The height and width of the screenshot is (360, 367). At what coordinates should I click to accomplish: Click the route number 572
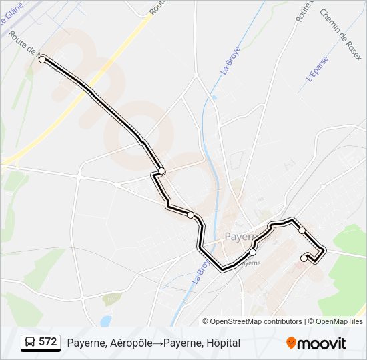[47, 342]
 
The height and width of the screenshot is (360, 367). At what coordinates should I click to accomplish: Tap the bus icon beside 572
[29, 343]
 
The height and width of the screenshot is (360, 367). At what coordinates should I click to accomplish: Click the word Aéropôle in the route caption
[127, 343]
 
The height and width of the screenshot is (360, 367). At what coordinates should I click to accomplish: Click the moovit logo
[316, 343]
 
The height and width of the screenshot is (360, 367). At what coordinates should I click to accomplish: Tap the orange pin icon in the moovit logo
[291, 343]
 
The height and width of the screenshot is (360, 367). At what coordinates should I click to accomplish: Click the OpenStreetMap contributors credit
[256, 321]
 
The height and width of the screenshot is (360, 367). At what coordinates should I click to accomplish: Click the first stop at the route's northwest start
[43, 59]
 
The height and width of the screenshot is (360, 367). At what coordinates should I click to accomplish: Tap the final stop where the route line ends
[304, 258]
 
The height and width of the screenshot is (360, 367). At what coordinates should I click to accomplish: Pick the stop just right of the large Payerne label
[252, 252]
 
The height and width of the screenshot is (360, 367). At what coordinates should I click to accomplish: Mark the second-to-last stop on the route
[302, 230]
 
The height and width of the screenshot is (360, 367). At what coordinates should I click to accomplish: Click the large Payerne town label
[240, 237]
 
